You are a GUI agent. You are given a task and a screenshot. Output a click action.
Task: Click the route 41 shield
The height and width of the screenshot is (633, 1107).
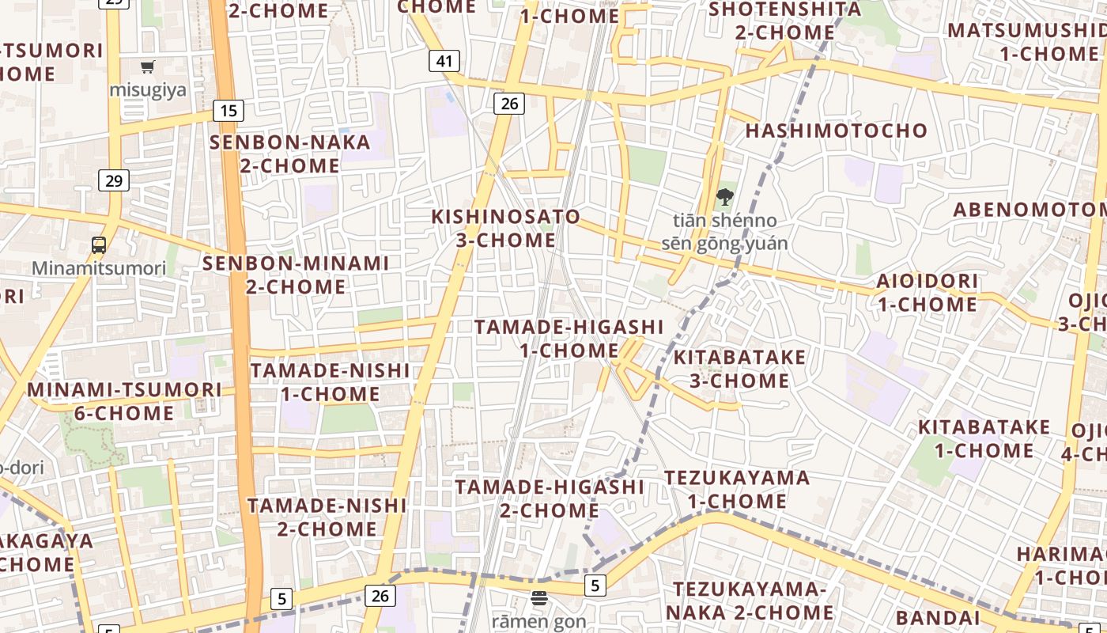[x=444, y=61]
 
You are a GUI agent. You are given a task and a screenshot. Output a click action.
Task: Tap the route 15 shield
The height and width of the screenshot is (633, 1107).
[x=228, y=110]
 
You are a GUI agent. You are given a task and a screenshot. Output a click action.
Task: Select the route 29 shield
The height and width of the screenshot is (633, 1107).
[x=114, y=180]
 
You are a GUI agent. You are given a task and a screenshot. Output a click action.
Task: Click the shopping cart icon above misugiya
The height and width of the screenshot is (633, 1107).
[x=148, y=67]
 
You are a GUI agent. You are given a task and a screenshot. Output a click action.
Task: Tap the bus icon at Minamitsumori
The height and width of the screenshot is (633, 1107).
[x=99, y=245]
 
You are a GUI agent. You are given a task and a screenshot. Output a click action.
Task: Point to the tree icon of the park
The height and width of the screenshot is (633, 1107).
[x=724, y=197]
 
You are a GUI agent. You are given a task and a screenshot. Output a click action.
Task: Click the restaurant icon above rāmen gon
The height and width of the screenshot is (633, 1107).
[x=539, y=598]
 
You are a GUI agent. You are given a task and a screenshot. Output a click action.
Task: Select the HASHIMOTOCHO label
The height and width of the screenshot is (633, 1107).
[x=837, y=131]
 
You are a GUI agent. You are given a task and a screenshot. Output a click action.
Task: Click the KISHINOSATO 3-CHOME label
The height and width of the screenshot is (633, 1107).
[x=506, y=228]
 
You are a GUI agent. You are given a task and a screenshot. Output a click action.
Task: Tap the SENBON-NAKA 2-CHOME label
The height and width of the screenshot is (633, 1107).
[x=290, y=154]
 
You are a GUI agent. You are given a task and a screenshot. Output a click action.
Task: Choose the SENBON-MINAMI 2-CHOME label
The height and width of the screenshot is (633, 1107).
[x=296, y=275]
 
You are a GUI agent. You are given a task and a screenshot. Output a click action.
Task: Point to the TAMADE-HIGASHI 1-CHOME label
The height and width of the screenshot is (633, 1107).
[x=569, y=338]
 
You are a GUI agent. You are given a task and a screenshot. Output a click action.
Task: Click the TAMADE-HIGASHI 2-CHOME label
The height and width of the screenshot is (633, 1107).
[x=550, y=498]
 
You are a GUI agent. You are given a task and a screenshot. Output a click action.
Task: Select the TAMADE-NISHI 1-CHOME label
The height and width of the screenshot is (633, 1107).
[x=331, y=382]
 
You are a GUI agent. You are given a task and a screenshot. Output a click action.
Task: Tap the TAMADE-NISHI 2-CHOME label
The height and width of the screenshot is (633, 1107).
[x=327, y=517]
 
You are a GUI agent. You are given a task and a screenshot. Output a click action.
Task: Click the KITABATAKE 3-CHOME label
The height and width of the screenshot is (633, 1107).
[x=739, y=369]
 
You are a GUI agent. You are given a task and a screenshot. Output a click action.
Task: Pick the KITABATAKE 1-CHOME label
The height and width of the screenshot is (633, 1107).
[x=984, y=439]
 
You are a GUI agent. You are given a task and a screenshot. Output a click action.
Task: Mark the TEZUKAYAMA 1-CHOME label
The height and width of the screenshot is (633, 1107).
[x=737, y=489]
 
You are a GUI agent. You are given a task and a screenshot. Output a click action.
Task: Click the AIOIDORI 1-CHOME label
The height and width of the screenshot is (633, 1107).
[x=927, y=293]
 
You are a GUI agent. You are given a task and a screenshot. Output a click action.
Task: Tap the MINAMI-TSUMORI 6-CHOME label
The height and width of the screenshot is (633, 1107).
[x=125, y=401]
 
